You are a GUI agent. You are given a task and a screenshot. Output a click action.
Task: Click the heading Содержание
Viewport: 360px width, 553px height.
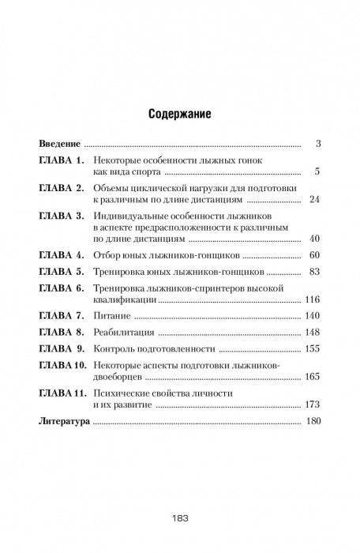(178, 114)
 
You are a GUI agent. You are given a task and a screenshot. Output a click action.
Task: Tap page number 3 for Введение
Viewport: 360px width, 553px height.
(317, 145)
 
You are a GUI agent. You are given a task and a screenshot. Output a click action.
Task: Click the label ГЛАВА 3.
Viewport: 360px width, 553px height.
(66, 216)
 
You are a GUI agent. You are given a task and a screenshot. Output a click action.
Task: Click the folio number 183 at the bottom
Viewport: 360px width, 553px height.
(178, 520)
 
